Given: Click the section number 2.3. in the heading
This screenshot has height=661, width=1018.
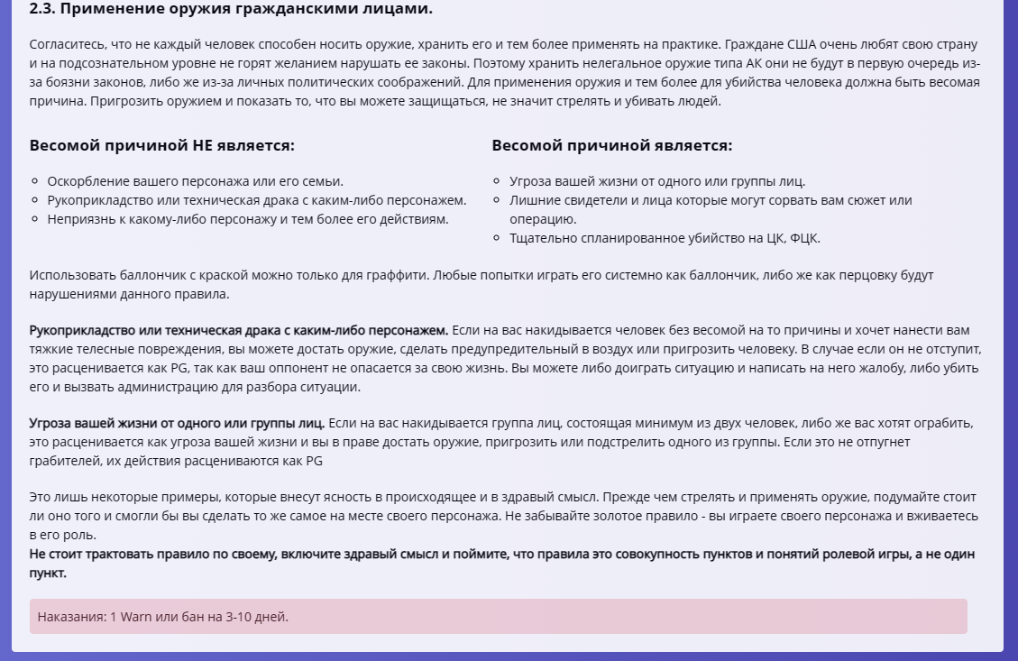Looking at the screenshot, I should [x=44, y=10].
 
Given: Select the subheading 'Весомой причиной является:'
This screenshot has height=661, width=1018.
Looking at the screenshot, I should [x=611, y=146].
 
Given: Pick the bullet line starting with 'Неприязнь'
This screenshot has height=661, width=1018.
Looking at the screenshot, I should [x=248, y=218].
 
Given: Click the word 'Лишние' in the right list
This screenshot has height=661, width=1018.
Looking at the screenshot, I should [x=532, y=200].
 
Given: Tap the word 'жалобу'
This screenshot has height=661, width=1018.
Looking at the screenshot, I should [x=798, y=368].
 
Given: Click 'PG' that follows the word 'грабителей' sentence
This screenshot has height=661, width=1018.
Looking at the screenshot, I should [x=314, y=460].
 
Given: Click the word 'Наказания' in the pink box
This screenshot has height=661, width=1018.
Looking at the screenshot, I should [x=69, y=617].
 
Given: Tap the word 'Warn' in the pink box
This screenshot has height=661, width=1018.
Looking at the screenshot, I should [x=136, y=617].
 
